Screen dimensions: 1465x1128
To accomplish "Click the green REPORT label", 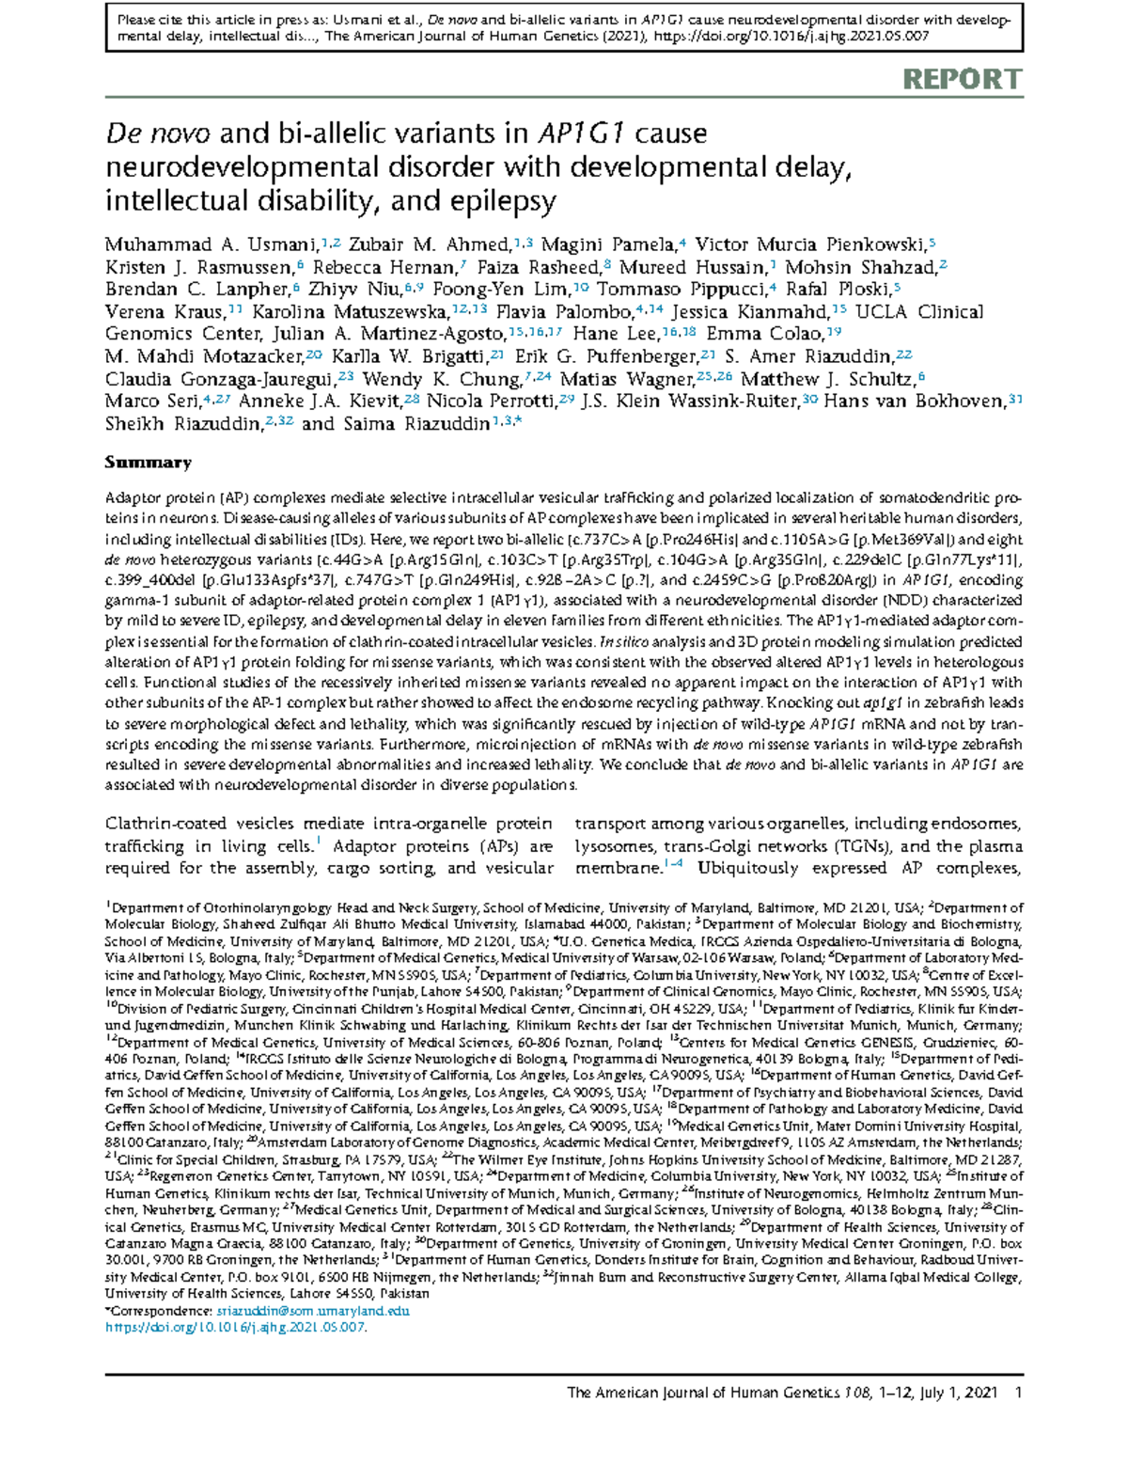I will click(962, 80).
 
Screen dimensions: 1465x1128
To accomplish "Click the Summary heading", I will click(148, 463).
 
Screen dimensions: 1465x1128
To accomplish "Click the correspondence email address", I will click(313, 1310).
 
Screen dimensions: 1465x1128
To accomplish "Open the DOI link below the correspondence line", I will click(235, 1327).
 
